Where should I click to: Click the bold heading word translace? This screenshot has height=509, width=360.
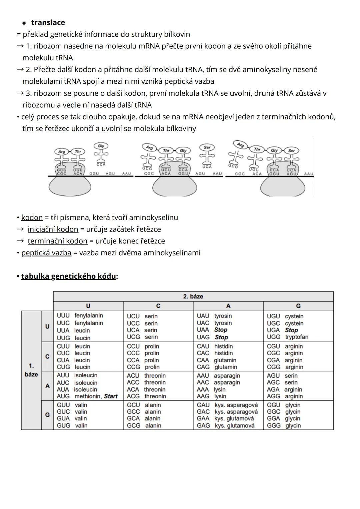[x=48, y=23]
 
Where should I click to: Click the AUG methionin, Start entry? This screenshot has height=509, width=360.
[x=87, y=396]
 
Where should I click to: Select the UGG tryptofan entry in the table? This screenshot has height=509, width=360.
[x=287, y=337]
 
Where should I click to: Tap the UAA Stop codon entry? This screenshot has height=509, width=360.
[x=212, y=330]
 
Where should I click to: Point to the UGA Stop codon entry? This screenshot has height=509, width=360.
[x=282, y=330]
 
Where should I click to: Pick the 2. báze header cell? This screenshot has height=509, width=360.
[x=193, y=297]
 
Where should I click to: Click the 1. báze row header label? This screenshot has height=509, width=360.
[x=31, y=370]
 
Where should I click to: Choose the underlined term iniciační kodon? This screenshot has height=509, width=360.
[x=53, y=229]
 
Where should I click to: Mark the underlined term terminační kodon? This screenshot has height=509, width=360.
[x=57, y=241]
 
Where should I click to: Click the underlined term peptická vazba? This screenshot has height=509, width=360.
[x=46, y=253]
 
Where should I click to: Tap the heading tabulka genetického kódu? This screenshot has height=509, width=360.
[x=69, y=277]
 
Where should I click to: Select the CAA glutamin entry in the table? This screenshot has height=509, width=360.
[x=216, y=360]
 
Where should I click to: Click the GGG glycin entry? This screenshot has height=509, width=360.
[x=284, y=426]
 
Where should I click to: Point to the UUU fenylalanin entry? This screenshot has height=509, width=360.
[x=80, y=316]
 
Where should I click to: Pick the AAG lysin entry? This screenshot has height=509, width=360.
[x=211, y=396]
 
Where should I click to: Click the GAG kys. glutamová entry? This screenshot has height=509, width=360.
[x=225, y=426]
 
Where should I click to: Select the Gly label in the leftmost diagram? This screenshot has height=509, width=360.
[x=101, y=146]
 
